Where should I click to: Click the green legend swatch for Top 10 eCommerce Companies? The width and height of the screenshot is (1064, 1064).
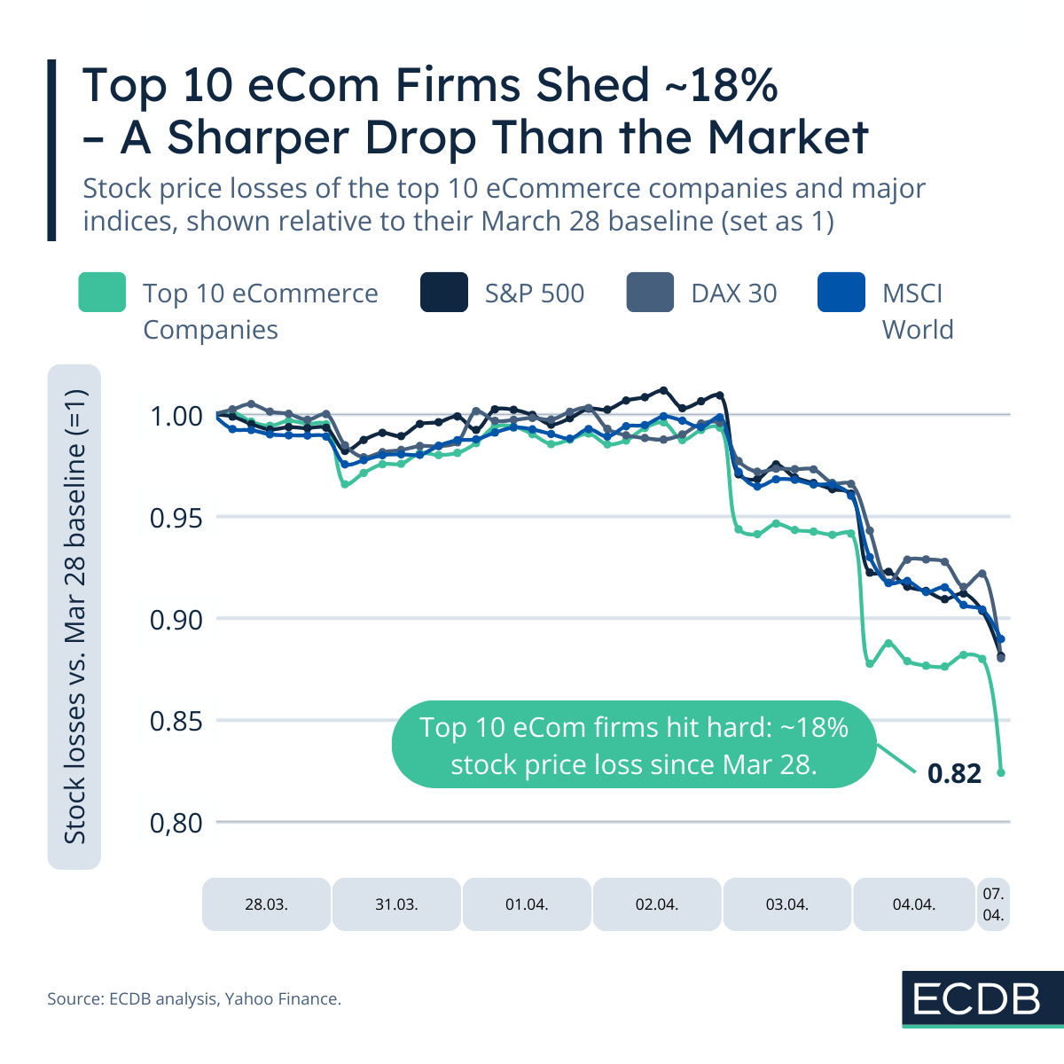[102, 293]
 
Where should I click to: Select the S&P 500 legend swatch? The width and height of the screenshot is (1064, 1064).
[443, 293]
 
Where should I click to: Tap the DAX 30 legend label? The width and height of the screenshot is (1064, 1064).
[733, 293]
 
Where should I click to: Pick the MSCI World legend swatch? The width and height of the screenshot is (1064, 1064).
[841, 293]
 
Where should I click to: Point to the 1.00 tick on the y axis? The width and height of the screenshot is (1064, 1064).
[176, 415]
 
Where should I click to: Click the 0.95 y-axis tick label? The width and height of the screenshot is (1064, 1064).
[176, 517]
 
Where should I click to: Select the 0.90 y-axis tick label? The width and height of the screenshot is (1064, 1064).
[176, 619]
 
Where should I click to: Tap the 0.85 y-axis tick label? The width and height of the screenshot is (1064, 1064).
[176, 721]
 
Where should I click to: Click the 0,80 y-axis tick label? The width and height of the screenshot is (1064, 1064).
[176, 823]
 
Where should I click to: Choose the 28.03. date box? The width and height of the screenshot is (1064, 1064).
[266, 904]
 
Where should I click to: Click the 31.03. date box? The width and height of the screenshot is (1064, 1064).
[396, 904]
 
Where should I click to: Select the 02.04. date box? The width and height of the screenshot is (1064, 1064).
[657, 904]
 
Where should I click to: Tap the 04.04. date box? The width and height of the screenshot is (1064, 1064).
[913, 904]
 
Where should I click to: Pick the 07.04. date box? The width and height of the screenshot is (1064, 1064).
[993, 904]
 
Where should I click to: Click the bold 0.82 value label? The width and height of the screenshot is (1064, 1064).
[954, 774]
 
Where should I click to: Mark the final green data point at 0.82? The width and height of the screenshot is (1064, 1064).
[1001, 772]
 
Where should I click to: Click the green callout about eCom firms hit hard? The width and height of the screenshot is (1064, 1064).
[633, 746]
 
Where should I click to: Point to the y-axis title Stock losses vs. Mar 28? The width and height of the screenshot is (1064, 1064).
[74, 616]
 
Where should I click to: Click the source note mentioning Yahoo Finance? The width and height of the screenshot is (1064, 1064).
[194, 999]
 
